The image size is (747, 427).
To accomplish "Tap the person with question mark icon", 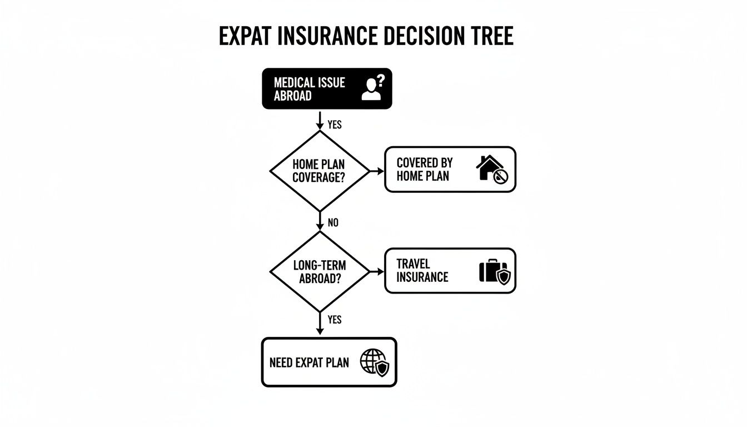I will coord(372,88).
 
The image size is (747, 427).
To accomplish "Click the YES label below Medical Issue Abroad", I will coord(335,125).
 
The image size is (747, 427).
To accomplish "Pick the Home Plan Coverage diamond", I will coord(320,171).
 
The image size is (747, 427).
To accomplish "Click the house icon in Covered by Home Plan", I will coord(491,170).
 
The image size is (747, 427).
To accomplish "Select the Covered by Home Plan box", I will coord(450,170).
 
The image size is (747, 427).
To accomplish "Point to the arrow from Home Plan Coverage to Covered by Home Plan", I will coord(376,171).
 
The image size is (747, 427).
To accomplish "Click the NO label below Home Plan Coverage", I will coord(333,222).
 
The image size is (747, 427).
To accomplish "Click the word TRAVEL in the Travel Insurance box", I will coord(414,264).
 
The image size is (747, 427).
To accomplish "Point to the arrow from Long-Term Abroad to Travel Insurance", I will coord(376,271).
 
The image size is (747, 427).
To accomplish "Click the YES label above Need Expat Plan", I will coord(335,320).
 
